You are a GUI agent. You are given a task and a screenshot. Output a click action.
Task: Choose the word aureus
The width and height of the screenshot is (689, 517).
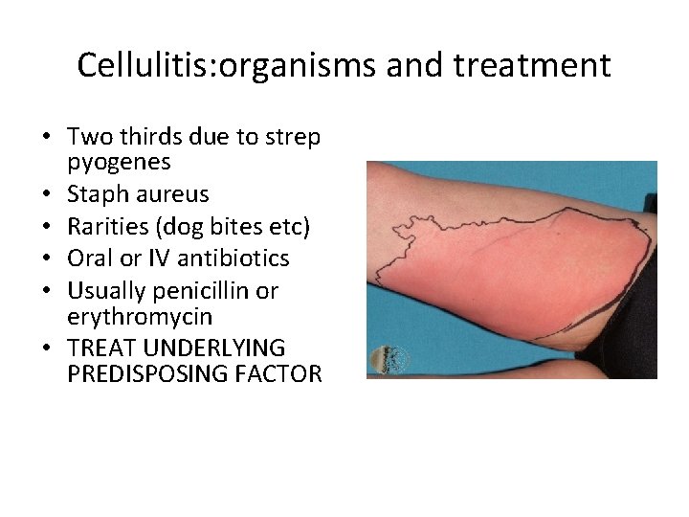point(173,194)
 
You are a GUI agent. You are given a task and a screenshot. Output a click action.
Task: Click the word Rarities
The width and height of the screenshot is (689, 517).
point(109,226)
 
